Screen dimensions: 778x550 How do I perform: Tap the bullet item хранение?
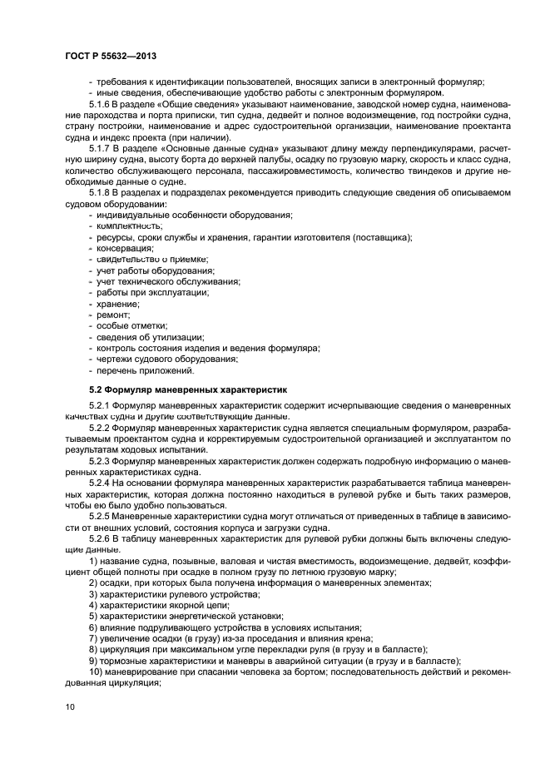118,304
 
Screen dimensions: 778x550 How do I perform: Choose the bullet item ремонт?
114,315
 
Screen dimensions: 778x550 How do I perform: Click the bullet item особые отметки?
132,326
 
